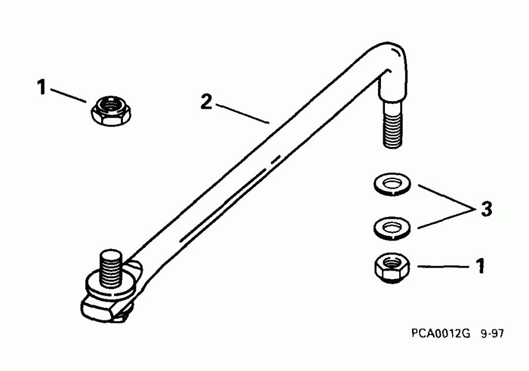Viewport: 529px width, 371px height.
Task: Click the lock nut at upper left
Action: pyautogui.click(x=110, y=110)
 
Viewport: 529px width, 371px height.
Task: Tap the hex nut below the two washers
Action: pyautogui.click(x=391, y=268)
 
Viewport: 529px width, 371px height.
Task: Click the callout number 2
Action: pyautogui.click(x=206, y=102)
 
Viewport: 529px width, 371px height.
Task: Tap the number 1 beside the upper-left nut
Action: pyautogui.click(x=41, y=88)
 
